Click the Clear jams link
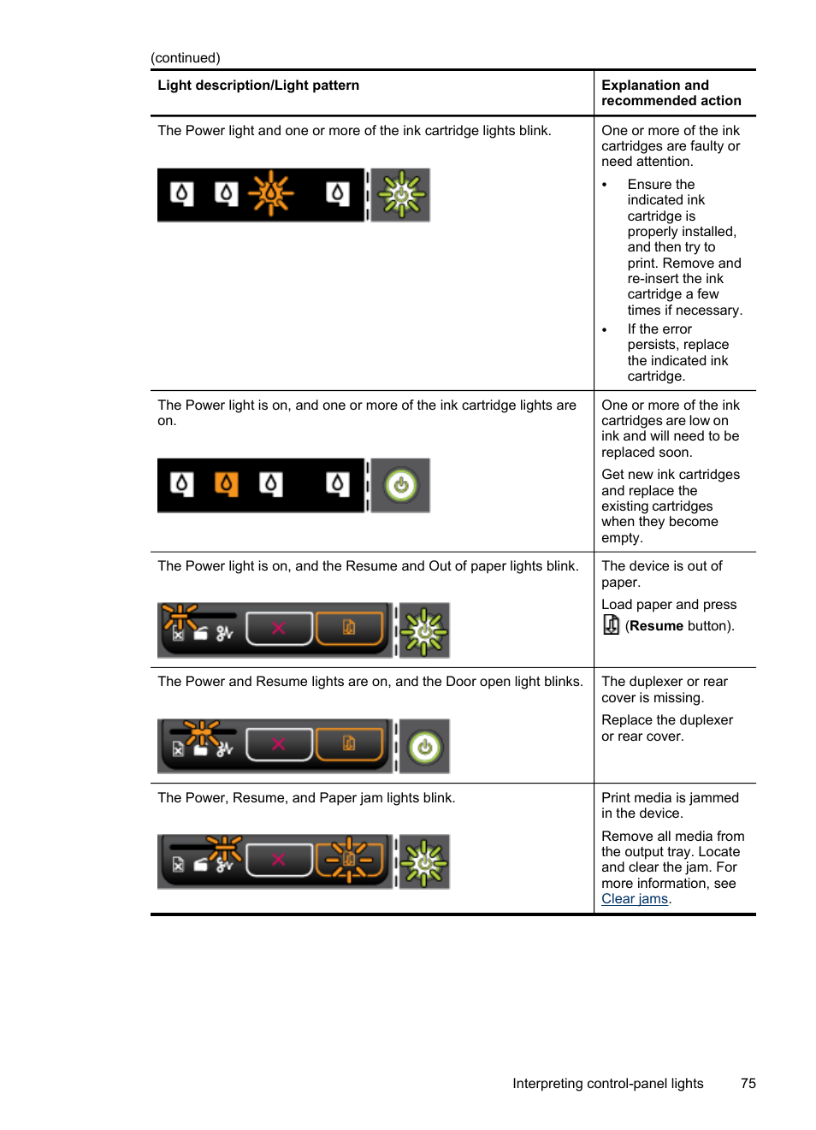point(634,899)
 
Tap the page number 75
point(748,1084)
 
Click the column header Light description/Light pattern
point(258,86)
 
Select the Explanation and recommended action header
point(671,93)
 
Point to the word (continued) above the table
point(186,58)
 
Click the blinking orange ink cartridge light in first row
point(271,193)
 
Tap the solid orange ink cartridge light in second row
point(226,484)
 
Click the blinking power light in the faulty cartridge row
point(401,195)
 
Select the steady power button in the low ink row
point(401,486)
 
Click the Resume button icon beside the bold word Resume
point(611,625)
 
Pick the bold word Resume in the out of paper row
point(656,626)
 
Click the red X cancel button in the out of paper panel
point(279,629)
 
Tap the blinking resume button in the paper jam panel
point(349,860)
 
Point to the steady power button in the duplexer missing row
point(424,747)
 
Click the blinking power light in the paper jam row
point(424,862)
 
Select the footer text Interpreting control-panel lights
point(607,1084)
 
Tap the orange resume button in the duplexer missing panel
point(349,744)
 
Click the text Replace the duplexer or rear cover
point(666,728)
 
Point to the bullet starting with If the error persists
point(677,352)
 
